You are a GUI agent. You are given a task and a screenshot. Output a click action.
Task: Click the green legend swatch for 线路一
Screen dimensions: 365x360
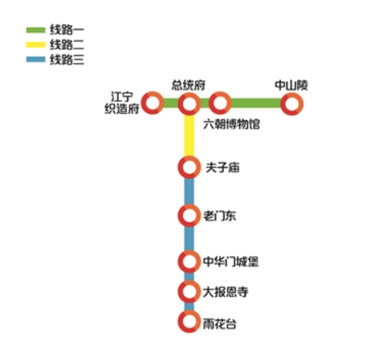point(35,30)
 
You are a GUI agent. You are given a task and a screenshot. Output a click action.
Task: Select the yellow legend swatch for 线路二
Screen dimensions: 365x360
point(35,44)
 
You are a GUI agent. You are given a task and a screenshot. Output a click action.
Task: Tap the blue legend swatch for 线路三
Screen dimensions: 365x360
point(35,59)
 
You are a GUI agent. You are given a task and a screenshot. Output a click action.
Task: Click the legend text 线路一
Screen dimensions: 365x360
point(67,30)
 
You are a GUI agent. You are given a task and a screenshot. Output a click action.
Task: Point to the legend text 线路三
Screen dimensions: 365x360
point(67,59)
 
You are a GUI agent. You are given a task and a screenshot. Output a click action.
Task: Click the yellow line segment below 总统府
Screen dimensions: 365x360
point(189,136)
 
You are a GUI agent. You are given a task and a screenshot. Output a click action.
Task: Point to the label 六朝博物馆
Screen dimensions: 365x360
point(232,124)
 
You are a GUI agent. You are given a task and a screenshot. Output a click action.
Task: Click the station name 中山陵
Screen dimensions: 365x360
point(291,85)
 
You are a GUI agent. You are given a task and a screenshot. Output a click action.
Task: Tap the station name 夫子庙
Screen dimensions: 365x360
point(223,168)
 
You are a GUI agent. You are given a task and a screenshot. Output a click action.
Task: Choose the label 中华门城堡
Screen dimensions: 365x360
point(231,262)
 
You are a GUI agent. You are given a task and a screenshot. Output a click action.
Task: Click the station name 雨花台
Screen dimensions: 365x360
point(220,324)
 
